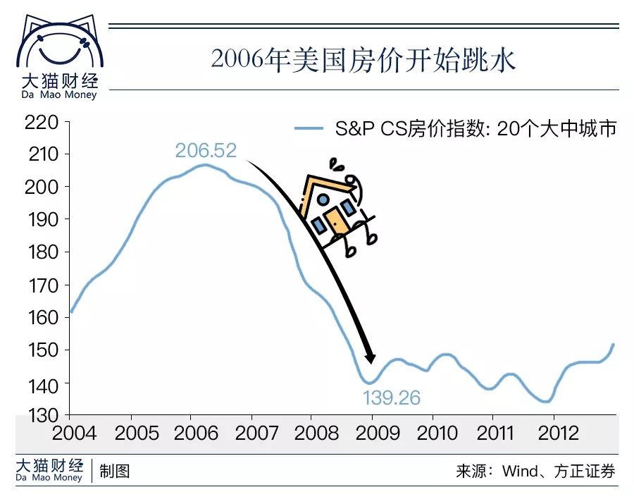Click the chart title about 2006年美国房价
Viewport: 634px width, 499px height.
(363, 59)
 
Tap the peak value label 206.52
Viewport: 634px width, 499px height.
(206, 151)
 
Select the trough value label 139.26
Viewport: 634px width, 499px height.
(392, 398)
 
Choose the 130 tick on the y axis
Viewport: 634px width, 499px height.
(42, 415)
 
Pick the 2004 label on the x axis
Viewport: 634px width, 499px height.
(73, 433)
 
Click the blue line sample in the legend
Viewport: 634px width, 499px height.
(308, 129)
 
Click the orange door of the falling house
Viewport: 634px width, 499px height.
(337, 220)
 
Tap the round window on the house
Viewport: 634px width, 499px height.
(323, 199)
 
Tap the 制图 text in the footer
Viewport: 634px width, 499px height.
(115, 471)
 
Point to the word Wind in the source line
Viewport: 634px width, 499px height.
(520, 471)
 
